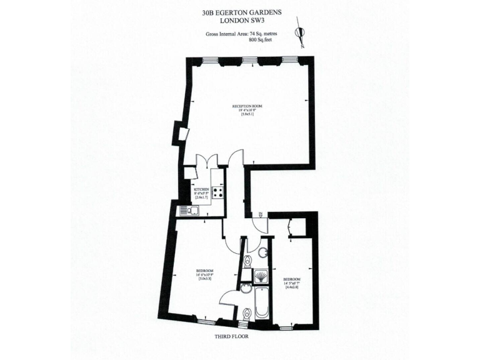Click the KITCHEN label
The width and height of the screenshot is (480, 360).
[x=201, y=189]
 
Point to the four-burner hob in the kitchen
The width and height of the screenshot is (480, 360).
[x=218, y=192]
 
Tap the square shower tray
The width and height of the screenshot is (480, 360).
[x=261, y=275]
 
